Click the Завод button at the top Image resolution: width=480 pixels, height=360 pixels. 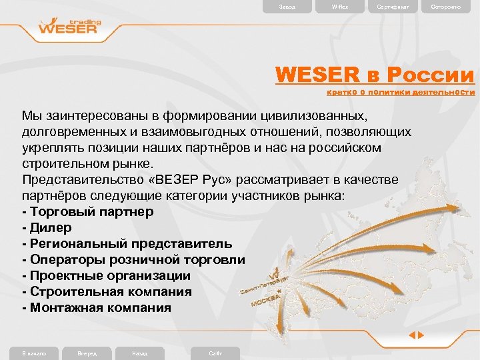(x=287, y=7)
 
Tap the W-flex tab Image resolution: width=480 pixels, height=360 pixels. (x=340, y=7)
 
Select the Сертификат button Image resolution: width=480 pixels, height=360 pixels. (x=394, y=7)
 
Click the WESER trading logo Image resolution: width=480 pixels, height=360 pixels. (x=69, y=27)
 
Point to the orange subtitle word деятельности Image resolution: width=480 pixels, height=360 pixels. (x=443, y=93)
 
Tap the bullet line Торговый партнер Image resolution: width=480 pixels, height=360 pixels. (x=87, y=212)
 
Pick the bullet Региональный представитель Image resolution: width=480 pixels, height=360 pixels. (x=127, y=244)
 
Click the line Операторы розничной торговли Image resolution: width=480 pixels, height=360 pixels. (x=133, y=260)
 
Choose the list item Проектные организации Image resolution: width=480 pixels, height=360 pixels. (x=106, y=276)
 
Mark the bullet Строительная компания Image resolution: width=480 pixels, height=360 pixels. (x=107, y=292)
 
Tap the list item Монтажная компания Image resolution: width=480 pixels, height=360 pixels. (x=96, y=308)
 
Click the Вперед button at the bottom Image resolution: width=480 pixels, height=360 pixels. (x=87, y=353)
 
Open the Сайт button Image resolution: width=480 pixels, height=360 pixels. (x=215, y=353)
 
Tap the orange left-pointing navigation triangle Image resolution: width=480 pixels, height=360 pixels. (x=413, y=335)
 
